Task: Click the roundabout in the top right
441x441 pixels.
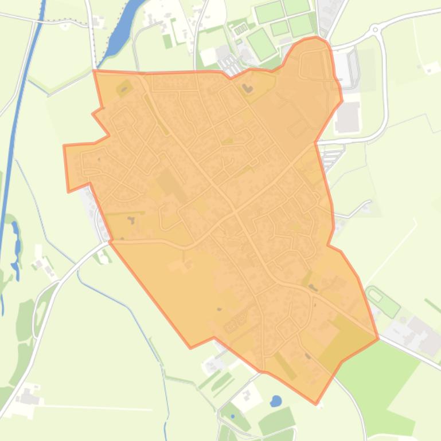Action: coord(376,28)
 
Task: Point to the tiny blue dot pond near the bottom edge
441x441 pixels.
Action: coord(233,416)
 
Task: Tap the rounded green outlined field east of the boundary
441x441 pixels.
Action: coord(382,301)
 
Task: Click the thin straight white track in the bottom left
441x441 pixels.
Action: coord(97,408)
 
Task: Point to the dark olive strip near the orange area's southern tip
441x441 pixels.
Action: coord(285,366)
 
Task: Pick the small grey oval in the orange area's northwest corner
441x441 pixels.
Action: coord(123,89)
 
